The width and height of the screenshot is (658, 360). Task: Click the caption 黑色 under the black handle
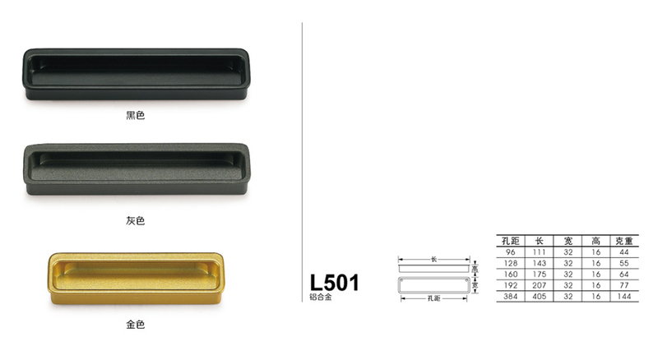[136, 116]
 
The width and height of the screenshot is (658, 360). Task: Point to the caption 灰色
[136, 221]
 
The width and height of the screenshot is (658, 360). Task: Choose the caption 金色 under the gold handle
[136, 325]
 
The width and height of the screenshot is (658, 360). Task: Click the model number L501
[334, 284]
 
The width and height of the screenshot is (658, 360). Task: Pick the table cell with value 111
[540, 252]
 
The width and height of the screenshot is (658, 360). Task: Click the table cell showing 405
[540, 295]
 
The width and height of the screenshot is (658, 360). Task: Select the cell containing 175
[540, 274]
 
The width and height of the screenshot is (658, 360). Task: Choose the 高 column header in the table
[595, 241]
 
